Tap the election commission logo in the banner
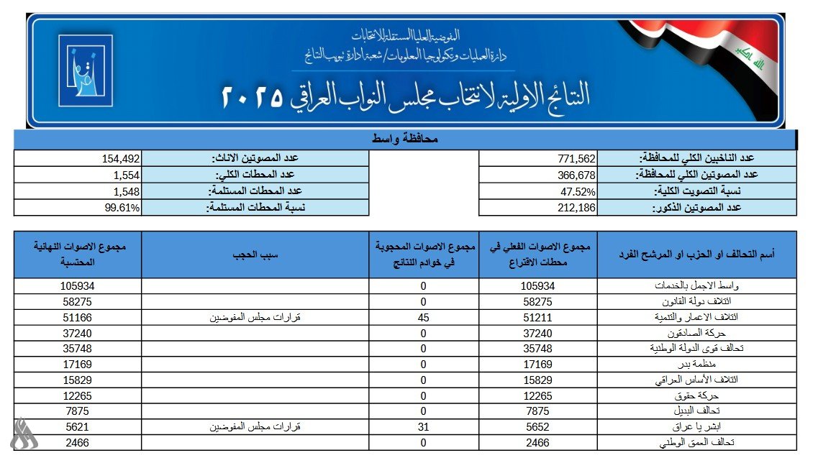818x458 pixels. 85,70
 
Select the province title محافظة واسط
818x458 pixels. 406,139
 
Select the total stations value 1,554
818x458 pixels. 126,175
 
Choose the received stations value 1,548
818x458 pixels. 126,191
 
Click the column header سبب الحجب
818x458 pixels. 255,255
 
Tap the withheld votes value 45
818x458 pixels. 424,317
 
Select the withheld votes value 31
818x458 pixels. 424,427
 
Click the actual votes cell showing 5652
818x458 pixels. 539,427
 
